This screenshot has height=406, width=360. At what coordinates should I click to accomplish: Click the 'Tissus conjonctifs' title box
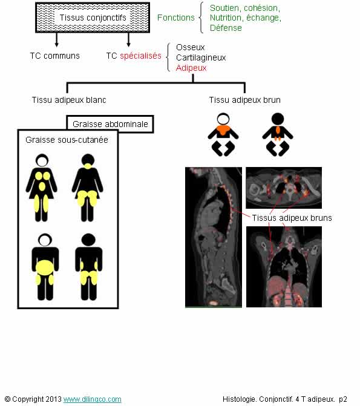[x=93, y=18]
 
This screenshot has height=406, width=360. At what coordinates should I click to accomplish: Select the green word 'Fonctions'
[x=176, y=18]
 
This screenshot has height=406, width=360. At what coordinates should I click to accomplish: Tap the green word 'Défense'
[x=226, y=28]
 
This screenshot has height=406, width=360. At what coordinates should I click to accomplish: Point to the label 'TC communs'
[x=54, y=56]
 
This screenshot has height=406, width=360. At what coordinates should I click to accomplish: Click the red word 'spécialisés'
[x=140, y=56]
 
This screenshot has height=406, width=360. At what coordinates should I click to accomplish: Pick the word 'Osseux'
[x=191, y=47]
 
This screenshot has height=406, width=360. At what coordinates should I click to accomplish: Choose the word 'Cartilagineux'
[x=201, y=57]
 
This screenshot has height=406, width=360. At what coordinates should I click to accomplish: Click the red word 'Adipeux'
[x=191, y=68]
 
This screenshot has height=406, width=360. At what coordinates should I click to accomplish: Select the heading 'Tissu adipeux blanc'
[x=69, y=100]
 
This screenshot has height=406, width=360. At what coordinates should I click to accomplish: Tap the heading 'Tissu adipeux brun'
[x=245, y=100]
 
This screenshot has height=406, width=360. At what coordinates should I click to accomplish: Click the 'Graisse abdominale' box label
[x=110, y=124]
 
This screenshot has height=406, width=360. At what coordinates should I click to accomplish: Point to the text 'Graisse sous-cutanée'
[x=67, y=140]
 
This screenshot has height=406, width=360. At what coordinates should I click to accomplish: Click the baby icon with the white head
[x=223, y=134]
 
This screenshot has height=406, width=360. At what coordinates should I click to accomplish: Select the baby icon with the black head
[x=278, y=134]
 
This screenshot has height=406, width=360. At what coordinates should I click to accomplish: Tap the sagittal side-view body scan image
[x=214, y=237]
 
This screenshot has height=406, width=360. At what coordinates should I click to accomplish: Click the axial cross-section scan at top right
[x=284, y=188]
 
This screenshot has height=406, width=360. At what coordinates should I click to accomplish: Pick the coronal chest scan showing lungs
[x=284, y=267]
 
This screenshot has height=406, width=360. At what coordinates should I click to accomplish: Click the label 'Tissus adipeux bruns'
[x=292, y=218]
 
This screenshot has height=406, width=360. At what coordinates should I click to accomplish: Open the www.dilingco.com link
[x=92, y=399]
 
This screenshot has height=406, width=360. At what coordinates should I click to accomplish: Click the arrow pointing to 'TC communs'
[x=56, y=40]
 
